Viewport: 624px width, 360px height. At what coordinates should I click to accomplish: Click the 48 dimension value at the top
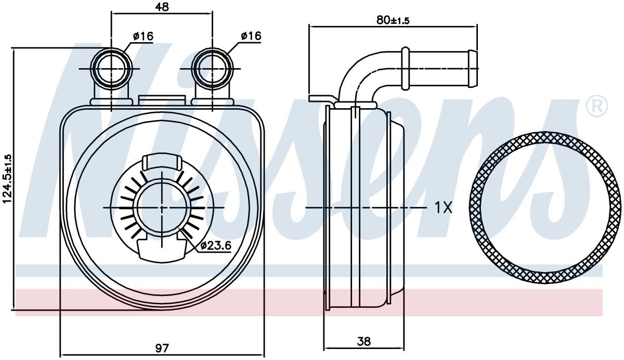(x=162, y=7)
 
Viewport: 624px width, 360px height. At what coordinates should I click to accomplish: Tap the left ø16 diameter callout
(x=143, y=36)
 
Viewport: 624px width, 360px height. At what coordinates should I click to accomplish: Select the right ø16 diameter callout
(x=251, y=36)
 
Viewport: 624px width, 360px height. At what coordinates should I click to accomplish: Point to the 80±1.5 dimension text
(x=393, y=20)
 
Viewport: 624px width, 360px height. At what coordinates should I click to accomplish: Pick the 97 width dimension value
(x=162, y=348)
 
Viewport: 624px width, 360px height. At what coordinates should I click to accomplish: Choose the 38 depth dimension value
(x=363, y=341)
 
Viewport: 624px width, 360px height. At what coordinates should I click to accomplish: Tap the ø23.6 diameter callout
(x=216, y=245)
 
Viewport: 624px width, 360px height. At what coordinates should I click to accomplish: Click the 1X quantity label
(x=443, y=208)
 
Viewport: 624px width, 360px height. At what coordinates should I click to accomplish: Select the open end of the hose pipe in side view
(x=473, y=69)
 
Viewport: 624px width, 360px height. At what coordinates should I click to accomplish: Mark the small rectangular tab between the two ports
(x=162, y=100)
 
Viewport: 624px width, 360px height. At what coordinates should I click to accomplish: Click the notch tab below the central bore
(x=162, y=251)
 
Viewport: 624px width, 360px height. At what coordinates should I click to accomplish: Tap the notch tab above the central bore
(x=162, y=162)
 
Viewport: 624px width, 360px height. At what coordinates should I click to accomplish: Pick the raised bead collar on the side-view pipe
(x=405, y=69)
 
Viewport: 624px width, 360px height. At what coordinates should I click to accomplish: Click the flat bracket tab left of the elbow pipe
(x=323, y=99)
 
